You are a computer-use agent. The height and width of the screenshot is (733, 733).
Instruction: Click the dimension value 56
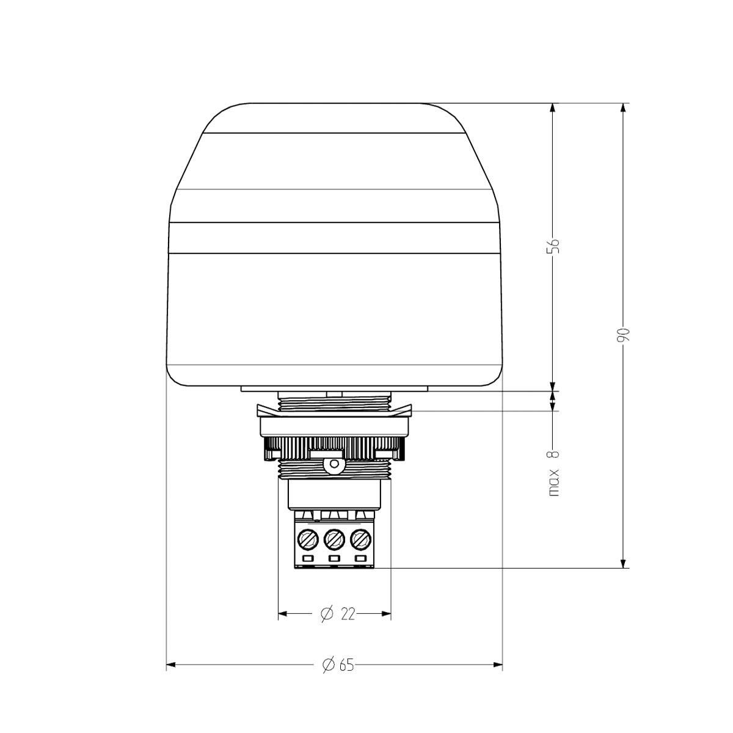click(553, 245)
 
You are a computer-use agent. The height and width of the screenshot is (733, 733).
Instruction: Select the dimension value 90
click(623, 335)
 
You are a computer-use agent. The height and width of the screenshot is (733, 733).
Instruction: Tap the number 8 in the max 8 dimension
click(554, 453)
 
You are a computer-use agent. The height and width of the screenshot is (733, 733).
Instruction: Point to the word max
click(554, 483)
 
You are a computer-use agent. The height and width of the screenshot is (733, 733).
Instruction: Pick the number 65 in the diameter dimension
click(346, 665)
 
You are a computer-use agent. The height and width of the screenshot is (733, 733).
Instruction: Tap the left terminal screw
click(307, 539)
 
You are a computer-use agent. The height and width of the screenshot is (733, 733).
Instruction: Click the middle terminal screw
click(334, 539)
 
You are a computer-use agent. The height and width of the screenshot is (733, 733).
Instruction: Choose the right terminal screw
click(360, 539)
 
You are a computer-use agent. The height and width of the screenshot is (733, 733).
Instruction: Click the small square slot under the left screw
click(307, 559)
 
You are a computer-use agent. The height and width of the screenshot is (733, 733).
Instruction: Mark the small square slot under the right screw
click(361, 559)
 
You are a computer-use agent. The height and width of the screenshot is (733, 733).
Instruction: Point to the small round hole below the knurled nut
click(334, 465)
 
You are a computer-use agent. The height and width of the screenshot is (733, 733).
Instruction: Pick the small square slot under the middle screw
click(334, 559)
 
